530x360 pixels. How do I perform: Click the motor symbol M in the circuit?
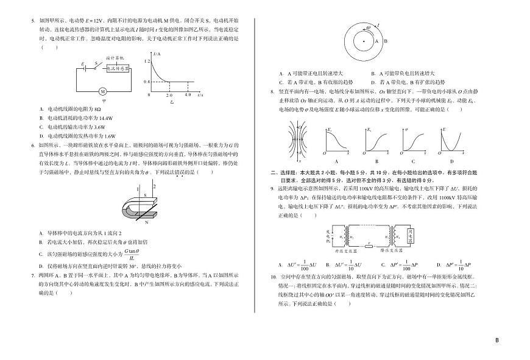click(103, 91)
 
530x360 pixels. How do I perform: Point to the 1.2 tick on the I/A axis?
click(146, 61)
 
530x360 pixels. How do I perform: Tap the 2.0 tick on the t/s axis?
click(169, 96)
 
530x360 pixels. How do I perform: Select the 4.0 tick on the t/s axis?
click(187, 96)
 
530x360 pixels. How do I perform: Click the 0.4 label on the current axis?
click(146, 81)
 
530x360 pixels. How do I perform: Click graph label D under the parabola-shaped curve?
click(451, 161)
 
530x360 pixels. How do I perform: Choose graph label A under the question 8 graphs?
click(336, 161)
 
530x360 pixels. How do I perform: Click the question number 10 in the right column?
click(274, 277)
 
